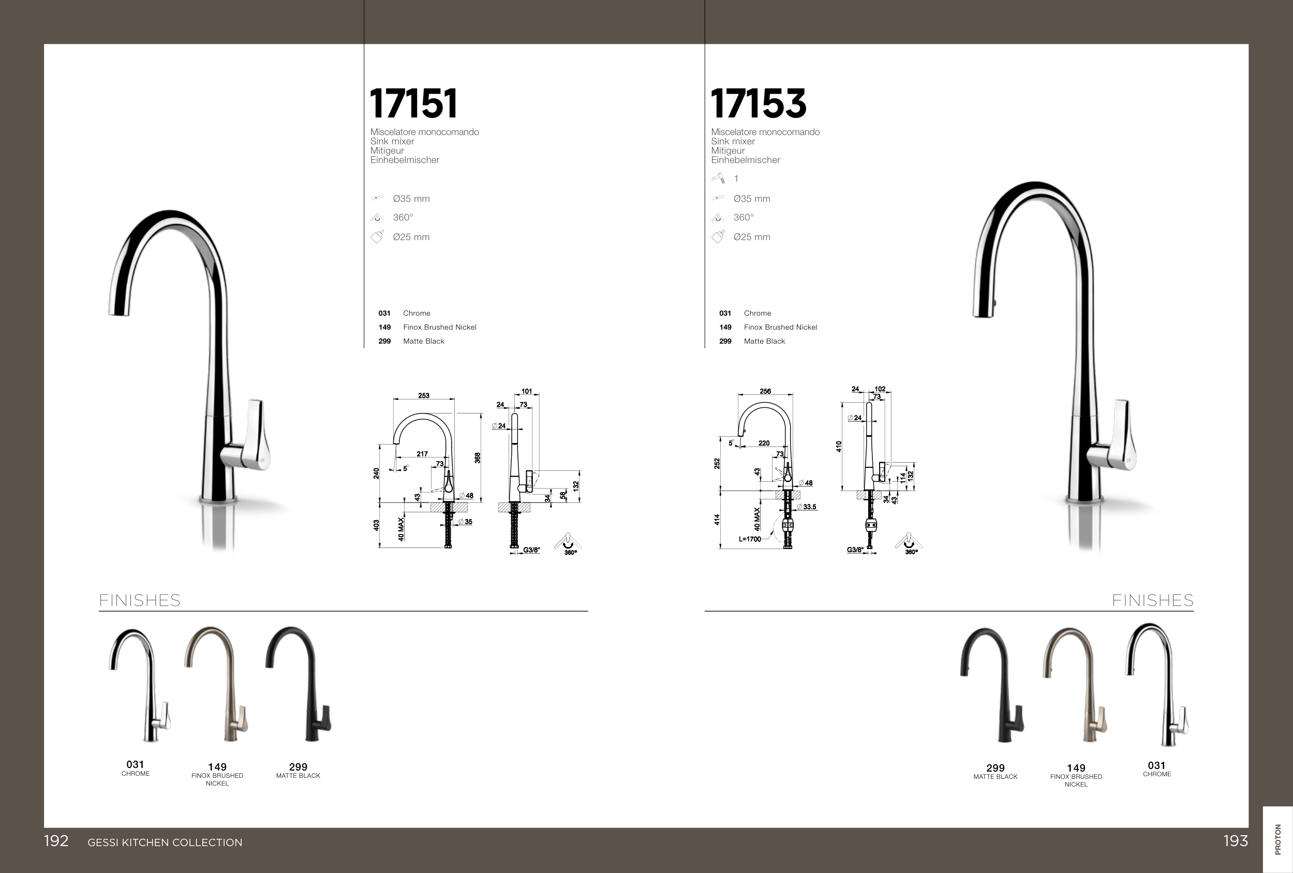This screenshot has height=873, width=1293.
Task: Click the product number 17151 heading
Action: [x=413, y=103]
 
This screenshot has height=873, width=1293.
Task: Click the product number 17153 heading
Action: [x=759, y=103]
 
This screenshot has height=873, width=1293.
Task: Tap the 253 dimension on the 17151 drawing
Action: [x=423, y=395]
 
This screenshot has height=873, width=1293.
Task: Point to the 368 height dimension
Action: [x=478, y=458]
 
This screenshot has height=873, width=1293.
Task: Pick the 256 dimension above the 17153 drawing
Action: [x=765, y=391]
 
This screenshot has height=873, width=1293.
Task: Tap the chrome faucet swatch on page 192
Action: [x=140, y=686]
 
